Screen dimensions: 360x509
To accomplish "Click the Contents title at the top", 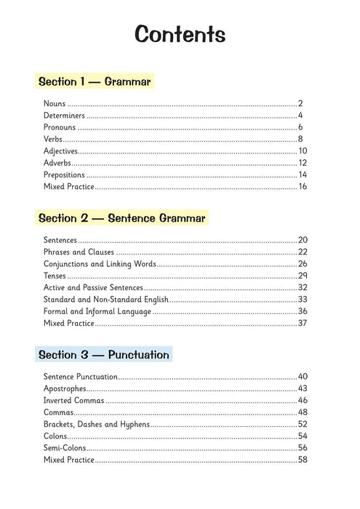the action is (x=180, y=35).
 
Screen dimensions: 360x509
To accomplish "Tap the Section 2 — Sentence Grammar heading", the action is (x=121, y=217).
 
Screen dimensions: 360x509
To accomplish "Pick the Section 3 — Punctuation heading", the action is (x=103, y=355).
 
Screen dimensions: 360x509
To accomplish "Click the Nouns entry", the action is (x=55, y=103).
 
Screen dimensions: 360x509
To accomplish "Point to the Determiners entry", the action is (x=64, y=116).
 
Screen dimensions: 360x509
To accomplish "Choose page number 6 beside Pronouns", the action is (x=300, y=127).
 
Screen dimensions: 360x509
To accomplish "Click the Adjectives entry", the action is (x=60, y=151).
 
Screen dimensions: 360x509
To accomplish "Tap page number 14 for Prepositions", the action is (x=303, y=175).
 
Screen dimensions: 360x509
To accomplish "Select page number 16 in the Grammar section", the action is (x=303, y=187).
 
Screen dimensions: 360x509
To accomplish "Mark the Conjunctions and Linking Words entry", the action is (x=99, y=264).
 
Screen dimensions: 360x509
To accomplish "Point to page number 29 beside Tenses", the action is (x=303, y=276).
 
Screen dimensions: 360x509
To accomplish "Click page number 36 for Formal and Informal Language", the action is (x=303, y=311).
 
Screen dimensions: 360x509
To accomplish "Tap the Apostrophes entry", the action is (x=65, y=388).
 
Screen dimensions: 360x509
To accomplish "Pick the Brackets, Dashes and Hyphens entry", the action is (x=96, y=424).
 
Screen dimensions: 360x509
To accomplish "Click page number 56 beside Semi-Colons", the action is (x=303, y=448).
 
